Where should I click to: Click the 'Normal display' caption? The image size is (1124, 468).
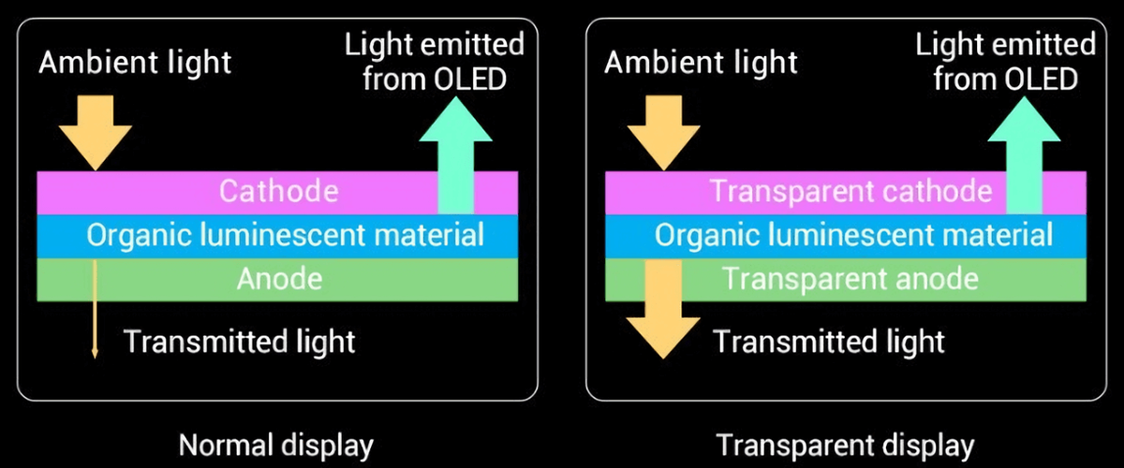[275, 444]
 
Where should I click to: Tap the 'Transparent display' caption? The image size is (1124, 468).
[845, 444]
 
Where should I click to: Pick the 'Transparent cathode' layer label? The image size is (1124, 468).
[850, 191]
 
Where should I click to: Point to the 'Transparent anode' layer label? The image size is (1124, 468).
[850, 279]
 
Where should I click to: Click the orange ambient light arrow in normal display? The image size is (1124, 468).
[96, 131]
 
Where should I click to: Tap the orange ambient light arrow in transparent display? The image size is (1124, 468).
[663, 131]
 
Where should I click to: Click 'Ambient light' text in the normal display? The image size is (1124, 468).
[135, 64]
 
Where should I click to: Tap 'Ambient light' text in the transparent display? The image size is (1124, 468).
[702, 64]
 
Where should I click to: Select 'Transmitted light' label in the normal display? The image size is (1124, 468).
[240, 342]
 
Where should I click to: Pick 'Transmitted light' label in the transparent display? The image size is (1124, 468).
[829, 342]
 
